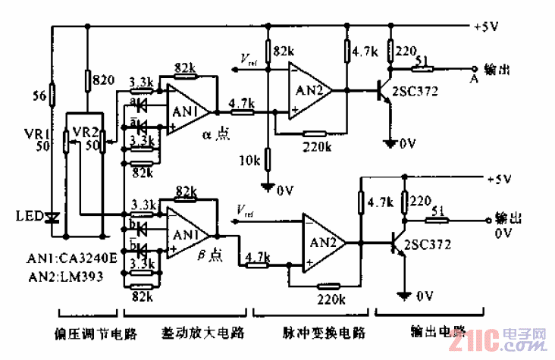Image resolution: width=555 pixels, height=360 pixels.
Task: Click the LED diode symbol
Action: tap(52, 218)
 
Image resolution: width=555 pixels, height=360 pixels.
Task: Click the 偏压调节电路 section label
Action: tap(86, 332)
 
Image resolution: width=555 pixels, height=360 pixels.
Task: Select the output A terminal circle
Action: tap(475, 67)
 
